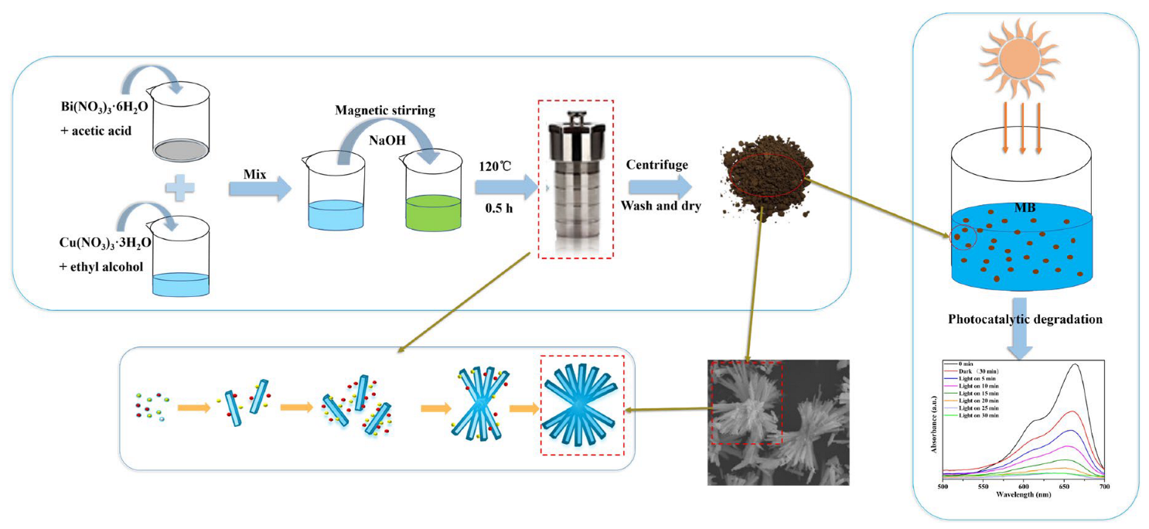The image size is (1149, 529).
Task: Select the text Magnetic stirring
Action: (x=385, y=110)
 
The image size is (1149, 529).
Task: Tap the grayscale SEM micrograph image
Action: (x=778, y=422)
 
